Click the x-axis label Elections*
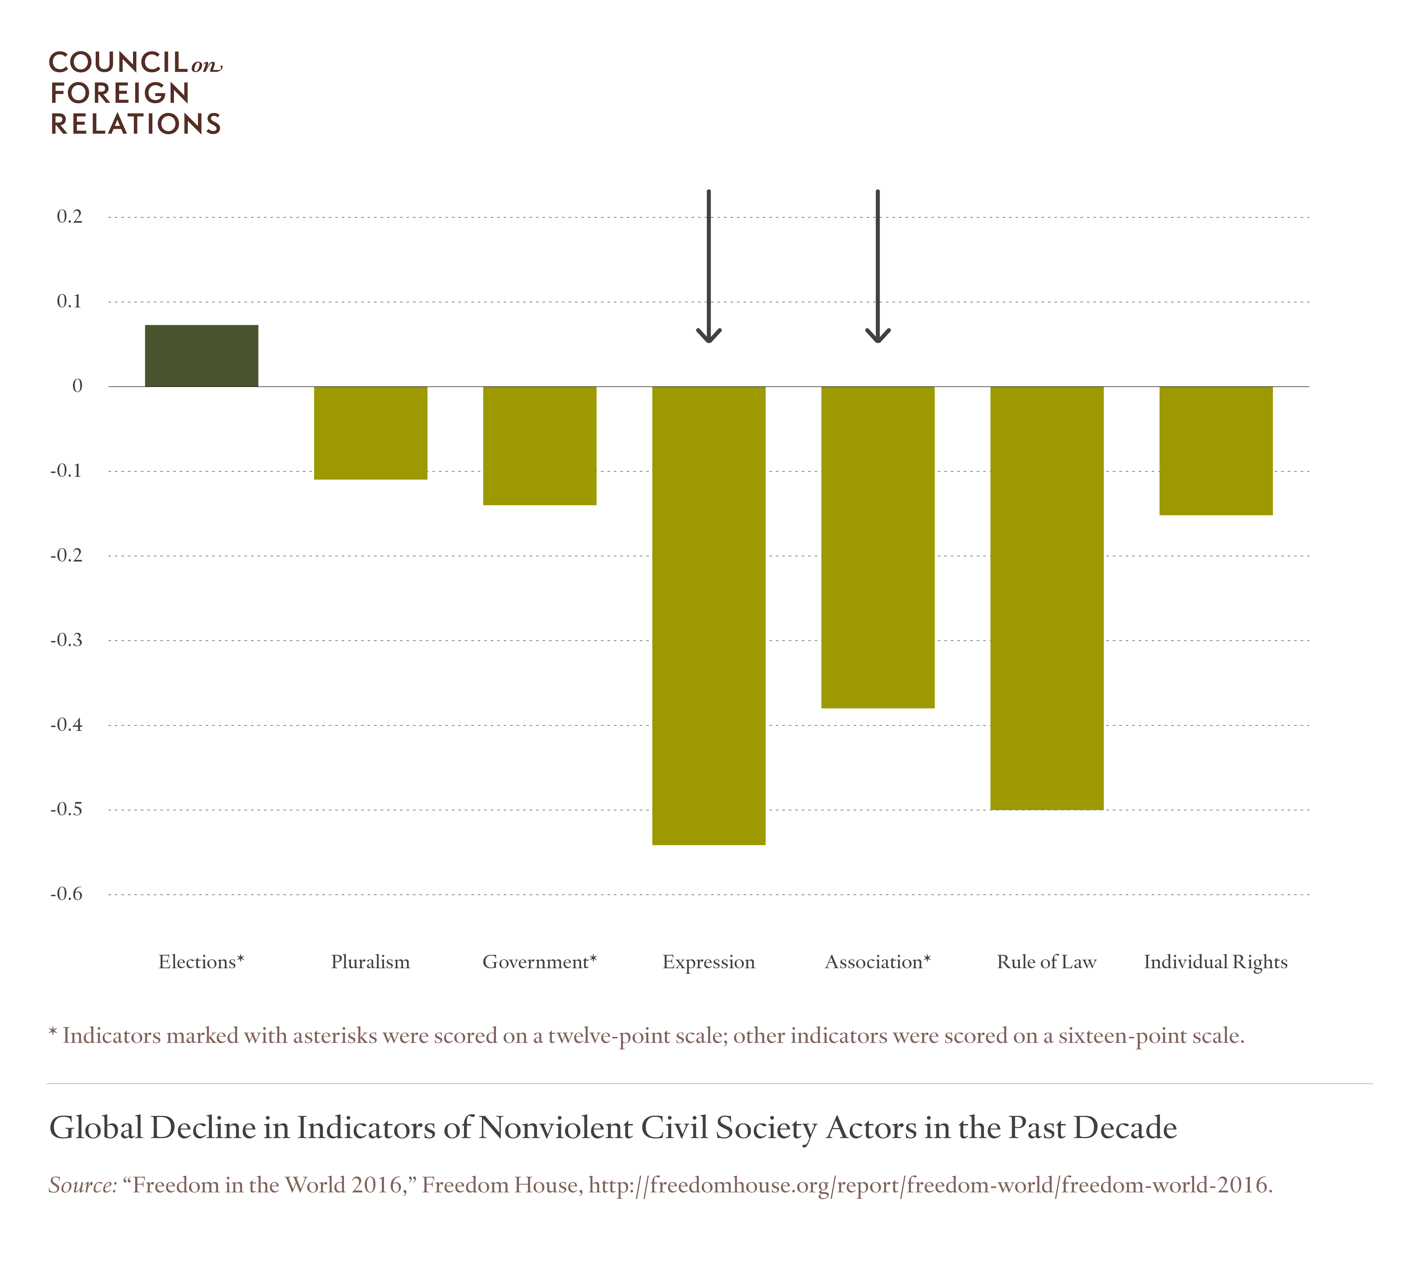point(201,962)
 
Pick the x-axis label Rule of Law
point(1047,962)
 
